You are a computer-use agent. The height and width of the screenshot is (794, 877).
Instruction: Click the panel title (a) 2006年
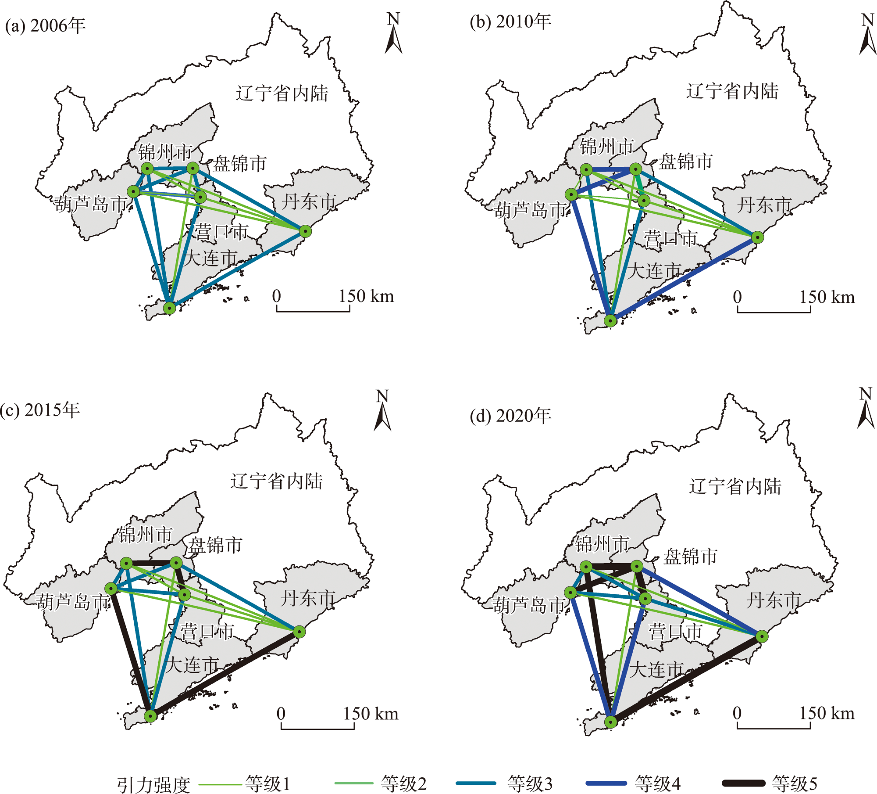pyautogui.click(x=45, y=26)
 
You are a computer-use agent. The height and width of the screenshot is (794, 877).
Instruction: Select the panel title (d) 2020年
pyautogui.click(x=510, y=416)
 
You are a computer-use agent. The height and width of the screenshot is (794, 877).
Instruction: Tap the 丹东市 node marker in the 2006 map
pyautogui.click(x=306, y=231)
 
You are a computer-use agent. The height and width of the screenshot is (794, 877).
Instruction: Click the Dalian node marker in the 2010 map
pyautogui.click(x=610, y=320)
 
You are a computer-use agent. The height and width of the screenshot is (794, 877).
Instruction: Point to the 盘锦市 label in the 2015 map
pyautogui.click(x=215, y=545)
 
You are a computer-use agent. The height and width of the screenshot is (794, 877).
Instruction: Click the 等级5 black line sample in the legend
pyautogui.click(x=743, y=783)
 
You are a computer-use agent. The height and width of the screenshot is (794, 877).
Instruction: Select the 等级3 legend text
pyautogui.click(x=530, y=783)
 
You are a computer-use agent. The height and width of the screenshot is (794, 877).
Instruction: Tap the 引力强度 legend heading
pyautogui.click(x=153, y=784)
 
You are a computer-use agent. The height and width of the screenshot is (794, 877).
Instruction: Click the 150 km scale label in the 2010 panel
pyautogui.click(x=827, y=297)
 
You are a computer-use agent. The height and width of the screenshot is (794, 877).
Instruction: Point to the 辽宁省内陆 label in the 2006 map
pyautogui.click(x=282, y=93)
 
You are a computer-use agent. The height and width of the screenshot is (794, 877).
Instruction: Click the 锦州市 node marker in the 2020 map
pyautogui.click(x=586, y=567)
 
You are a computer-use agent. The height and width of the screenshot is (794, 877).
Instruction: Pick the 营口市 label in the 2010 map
pyautogui.click(x=670, y=238)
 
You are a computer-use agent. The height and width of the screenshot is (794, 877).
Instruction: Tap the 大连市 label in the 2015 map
pyautogui.click(x=192, y=665)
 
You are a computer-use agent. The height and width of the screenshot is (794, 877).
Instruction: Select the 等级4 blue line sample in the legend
pyautogui.click(x=607, y=783)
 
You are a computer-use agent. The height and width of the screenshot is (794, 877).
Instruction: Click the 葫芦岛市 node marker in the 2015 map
pyautogui.click(x=111, y=589)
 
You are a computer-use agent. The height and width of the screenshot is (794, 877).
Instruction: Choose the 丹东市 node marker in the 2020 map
pyautogui.click(x=762, y=636)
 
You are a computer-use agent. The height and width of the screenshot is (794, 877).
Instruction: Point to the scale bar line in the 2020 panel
pyautogui.click(x=774, y=729)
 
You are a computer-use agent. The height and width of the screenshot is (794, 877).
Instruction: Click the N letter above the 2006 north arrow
pyautogui.click(x=393, y=19)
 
